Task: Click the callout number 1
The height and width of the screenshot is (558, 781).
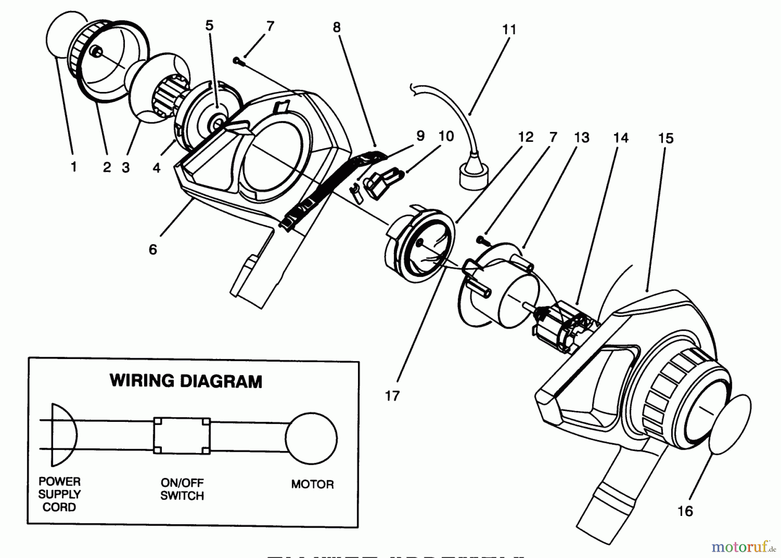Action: point(73,166)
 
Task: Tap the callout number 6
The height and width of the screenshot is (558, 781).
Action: point(152,249)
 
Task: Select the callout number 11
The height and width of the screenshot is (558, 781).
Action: point(509,30)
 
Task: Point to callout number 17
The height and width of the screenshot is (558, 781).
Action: point(392,395)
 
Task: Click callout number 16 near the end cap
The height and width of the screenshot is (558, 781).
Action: point(685,511)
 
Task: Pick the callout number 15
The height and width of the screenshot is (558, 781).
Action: point(666,138)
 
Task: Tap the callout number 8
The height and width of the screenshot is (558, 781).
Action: point(337,27)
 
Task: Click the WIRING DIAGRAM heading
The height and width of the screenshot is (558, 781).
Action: point(186,381)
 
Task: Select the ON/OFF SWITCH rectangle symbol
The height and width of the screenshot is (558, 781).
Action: point(182,436)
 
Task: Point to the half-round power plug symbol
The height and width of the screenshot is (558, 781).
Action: point(63,435)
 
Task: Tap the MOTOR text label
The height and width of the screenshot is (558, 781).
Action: point(312,484)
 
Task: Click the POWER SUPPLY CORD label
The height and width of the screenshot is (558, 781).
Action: point(59,494)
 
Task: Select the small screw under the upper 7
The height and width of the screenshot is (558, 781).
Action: point(238,62)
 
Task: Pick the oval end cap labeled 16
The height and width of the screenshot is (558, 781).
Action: point(730,424)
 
